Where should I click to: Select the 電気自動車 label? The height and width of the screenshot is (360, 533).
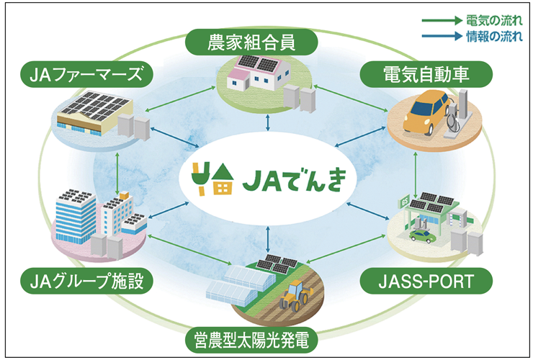coord(426,72)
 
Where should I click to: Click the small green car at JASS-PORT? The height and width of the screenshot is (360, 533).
coord(421,235)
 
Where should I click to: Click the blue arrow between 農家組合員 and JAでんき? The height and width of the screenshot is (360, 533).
coord(268,122)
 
